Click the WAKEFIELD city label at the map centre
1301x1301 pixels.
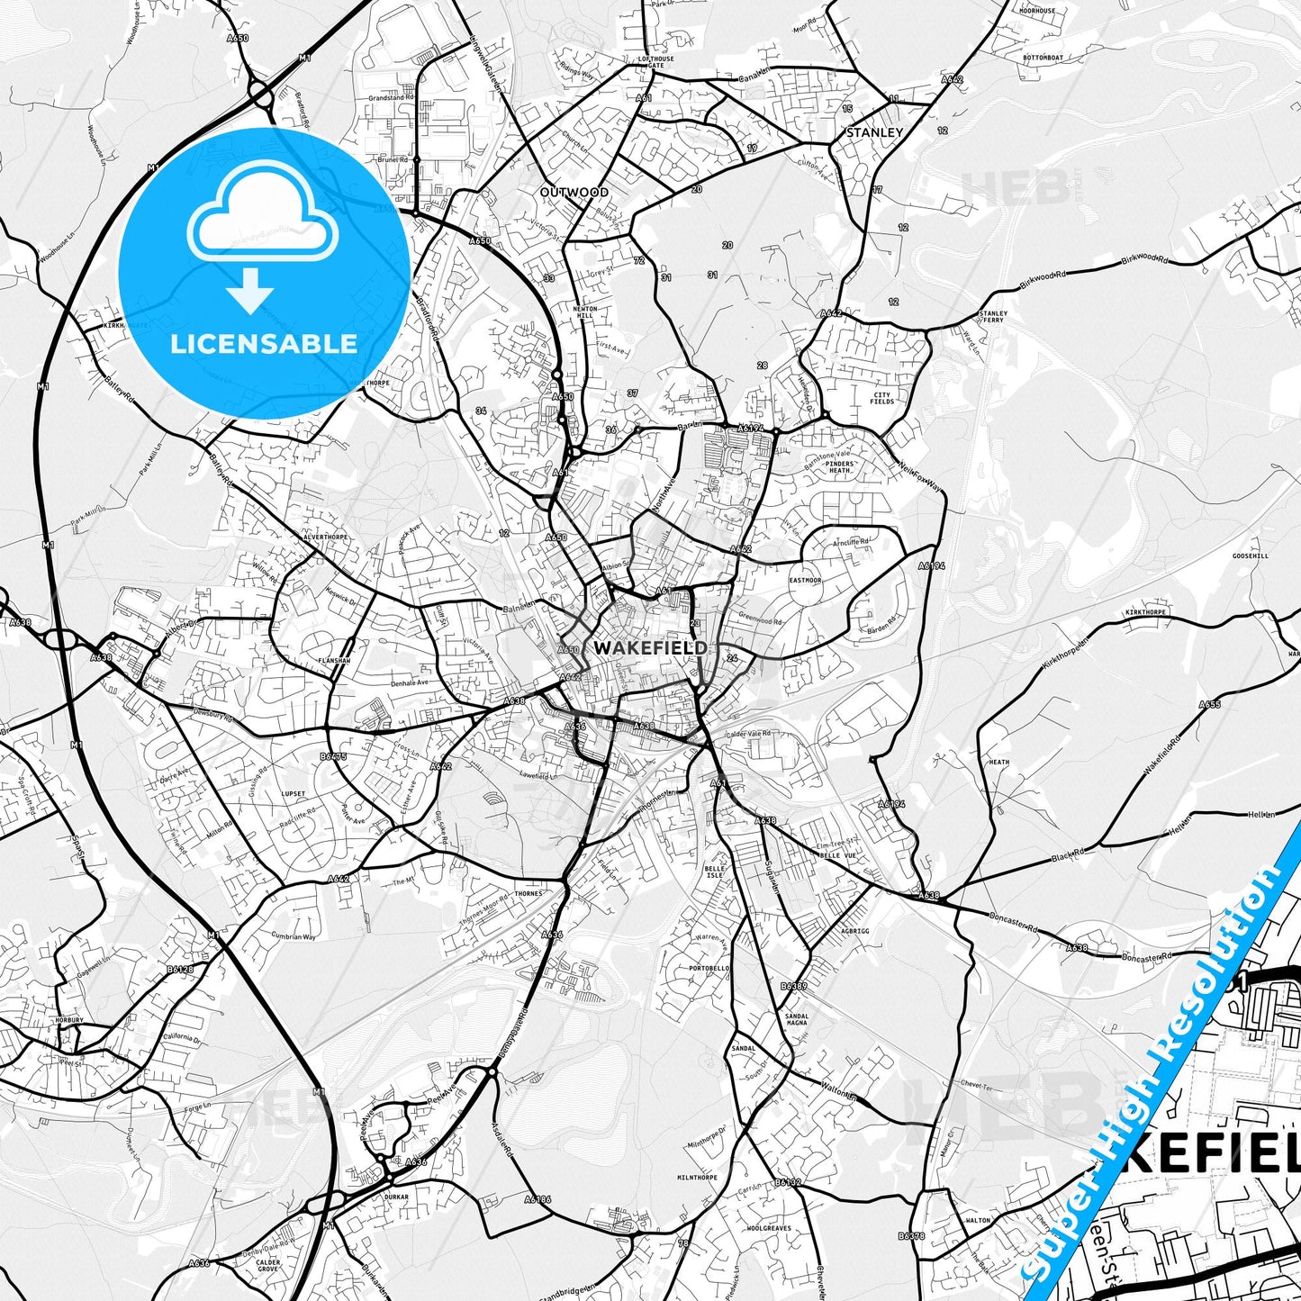tap(648, 647)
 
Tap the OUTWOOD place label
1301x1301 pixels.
tap(574, 192)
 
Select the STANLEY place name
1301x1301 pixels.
tap(874, 132)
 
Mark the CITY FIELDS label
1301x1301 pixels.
tap(882, 397)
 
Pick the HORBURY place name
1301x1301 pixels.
tap(68, 1020)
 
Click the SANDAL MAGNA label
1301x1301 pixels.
tap(772, 1019)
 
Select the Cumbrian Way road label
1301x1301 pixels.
tap(294, 936)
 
